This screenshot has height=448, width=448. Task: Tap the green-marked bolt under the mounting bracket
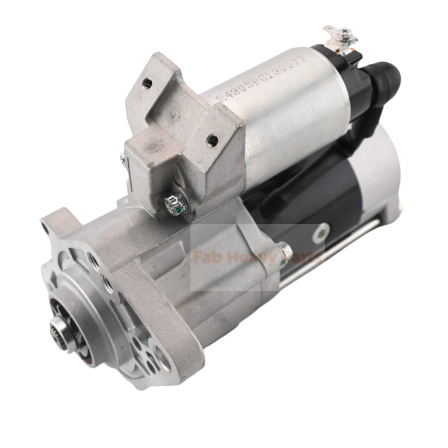click(170, 201)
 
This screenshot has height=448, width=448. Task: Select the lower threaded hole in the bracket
click(211, 139)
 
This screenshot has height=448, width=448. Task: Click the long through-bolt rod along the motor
click(336, 252)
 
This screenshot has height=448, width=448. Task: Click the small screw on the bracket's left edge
click(123, 160)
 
